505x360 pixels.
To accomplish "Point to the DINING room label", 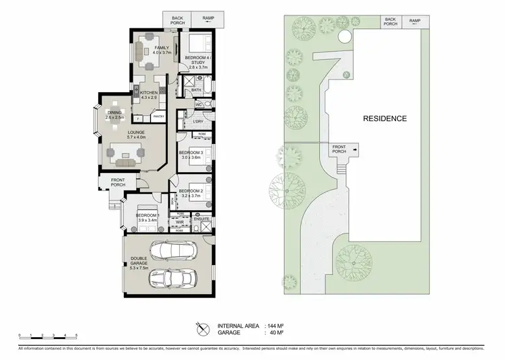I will (115, 115).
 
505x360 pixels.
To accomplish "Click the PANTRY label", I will (159, 116).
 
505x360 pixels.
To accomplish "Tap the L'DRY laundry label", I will (198, 121).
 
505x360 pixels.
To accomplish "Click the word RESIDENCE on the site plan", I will (385, 118).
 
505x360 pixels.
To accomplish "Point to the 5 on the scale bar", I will (76, 334).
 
